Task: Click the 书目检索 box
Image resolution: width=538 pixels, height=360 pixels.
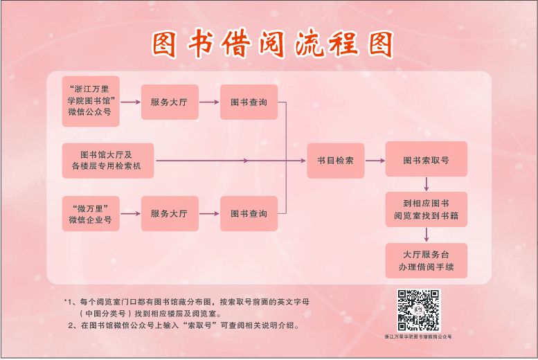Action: pos(335,161)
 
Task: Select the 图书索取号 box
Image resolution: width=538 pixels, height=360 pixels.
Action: pos(426,161)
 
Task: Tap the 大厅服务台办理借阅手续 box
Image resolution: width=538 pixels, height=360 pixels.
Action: pos(426,260)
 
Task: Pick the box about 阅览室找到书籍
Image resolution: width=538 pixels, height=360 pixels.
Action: pos(426,210)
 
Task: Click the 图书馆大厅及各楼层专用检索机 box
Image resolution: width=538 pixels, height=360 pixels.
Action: pos(107,161)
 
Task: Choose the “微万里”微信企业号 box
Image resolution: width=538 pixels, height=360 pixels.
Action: pos(90,214)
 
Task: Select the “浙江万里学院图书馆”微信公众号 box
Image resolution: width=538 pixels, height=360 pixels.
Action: pos(90,102)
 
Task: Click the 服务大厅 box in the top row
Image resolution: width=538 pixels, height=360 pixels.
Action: pos(169,102)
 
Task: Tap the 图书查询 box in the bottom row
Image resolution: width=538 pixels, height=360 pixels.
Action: pos(249,214)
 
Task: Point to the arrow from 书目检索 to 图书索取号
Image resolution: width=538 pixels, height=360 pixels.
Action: pos(375,161)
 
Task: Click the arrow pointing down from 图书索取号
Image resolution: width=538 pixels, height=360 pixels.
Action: pos(426,184)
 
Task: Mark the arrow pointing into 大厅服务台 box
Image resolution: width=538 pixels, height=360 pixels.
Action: pos(426,235)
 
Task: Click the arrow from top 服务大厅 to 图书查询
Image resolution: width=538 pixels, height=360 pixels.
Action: pos(208,102)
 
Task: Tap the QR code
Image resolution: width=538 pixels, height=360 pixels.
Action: pos(418,310)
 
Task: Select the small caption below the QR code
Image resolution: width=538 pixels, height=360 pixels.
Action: pos(418,336)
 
